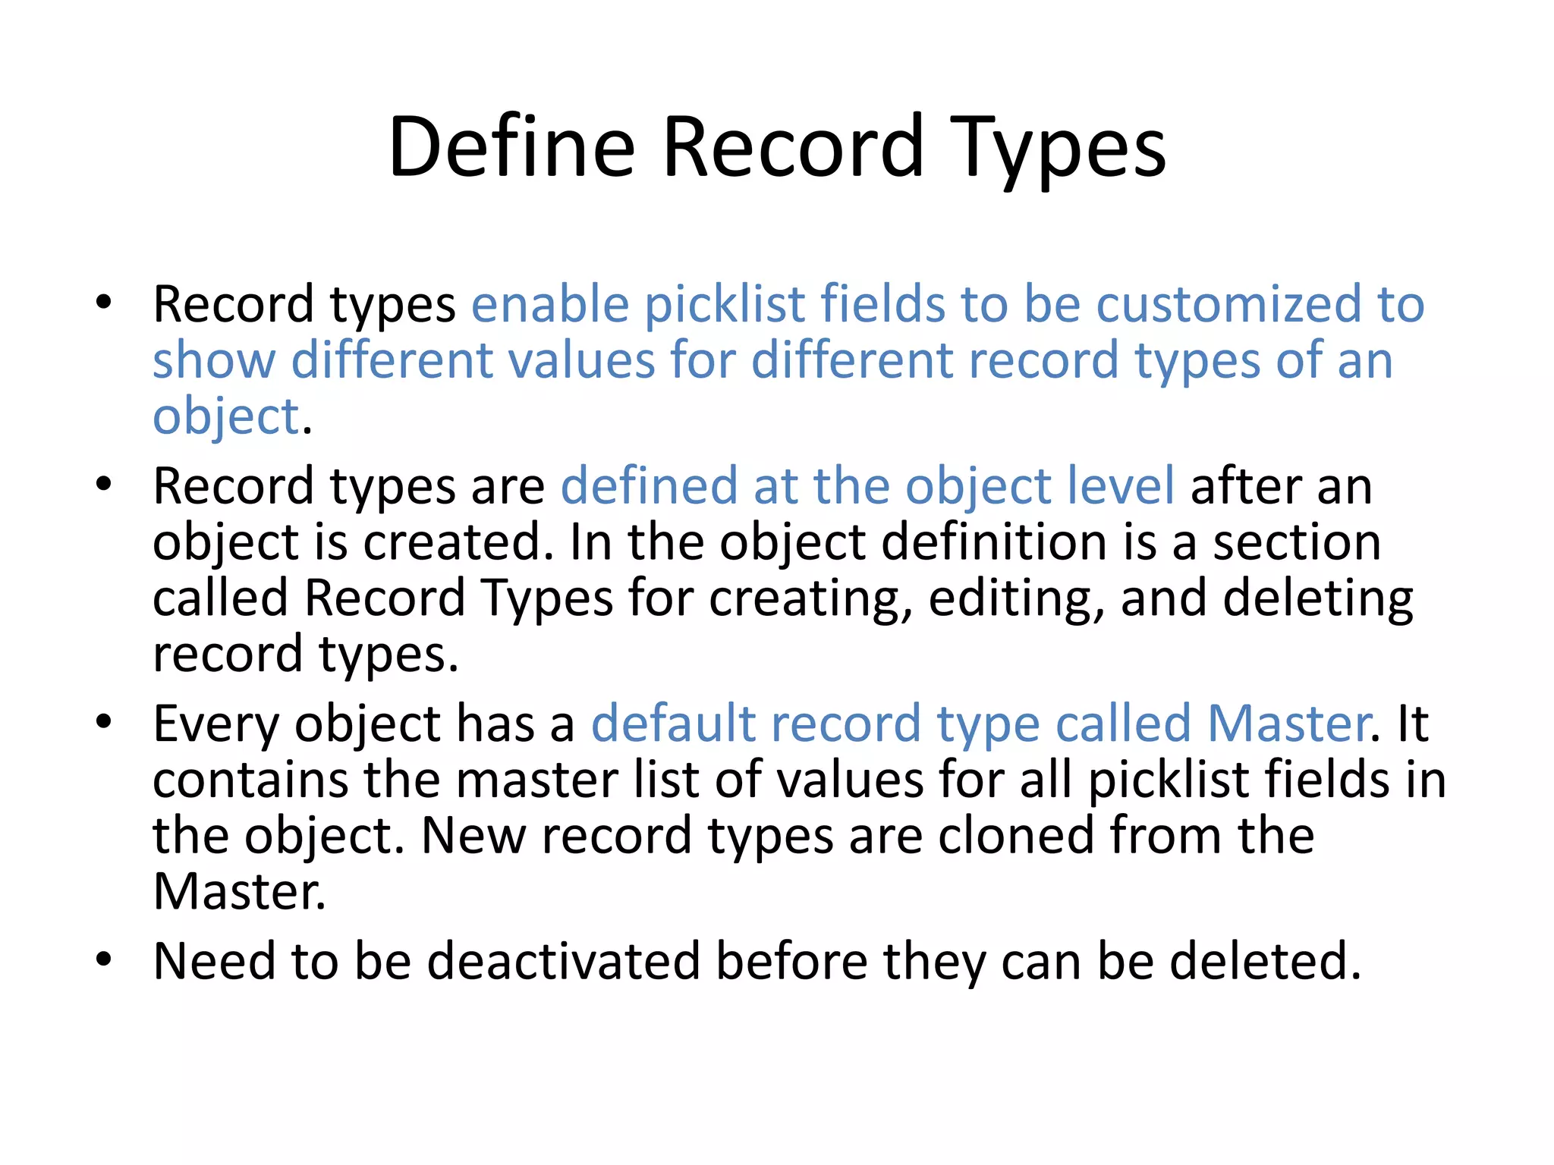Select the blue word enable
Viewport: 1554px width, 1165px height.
click(x=550, y=304)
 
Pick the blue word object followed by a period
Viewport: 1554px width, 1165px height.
click(x=226, y=416)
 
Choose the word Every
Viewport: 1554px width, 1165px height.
click(x=216, y=724)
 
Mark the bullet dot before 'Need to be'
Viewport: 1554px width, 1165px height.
click(x=104, y=959)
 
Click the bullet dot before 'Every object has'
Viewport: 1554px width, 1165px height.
click(x=104, y=722)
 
